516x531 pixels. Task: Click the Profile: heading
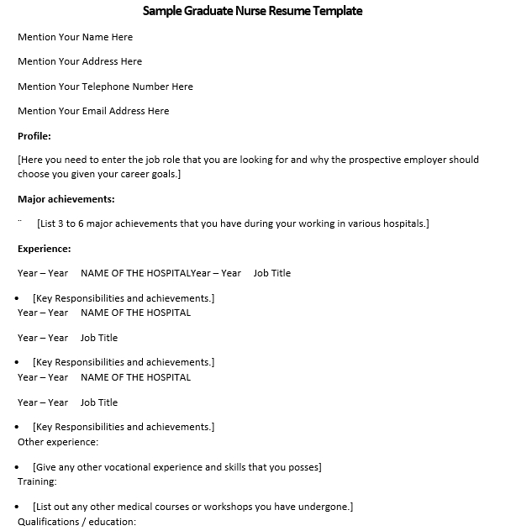[34, 136]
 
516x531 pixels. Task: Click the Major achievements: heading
[66, 199]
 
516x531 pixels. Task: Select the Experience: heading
[44, 249]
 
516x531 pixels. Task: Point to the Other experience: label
[58, 441]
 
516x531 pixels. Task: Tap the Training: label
[37, 482]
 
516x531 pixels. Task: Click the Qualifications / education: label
[76, 523]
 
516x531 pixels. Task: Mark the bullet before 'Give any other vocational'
[18, 467]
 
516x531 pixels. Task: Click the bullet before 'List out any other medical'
[18, 507]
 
